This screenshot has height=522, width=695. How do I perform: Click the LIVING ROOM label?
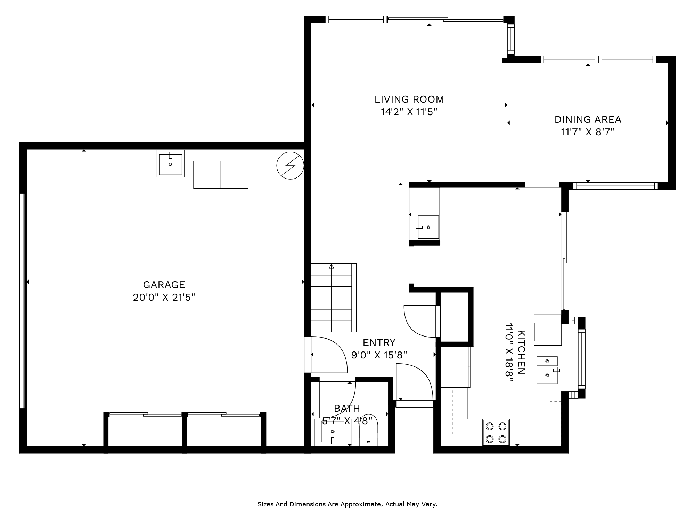[409, 100]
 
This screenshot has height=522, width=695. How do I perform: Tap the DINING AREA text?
[588, 120]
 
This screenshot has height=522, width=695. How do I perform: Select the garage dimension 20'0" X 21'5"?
[164, 298]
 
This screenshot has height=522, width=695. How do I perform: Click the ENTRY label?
[379, 343]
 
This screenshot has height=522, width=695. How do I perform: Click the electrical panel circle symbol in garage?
[290, 166]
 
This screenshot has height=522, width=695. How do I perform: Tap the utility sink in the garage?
[170, 164]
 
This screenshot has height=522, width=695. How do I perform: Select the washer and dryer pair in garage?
[221, 175]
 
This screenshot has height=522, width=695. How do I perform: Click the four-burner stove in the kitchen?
[496, 433]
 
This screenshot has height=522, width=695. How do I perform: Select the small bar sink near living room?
[428, 227]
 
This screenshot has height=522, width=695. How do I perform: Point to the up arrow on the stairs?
[332, 267]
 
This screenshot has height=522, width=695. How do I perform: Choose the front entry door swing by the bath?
[415, 381]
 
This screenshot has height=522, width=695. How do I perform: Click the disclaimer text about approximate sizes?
[347, 504]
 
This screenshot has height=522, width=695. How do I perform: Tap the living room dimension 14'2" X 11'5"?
[409, 112]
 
